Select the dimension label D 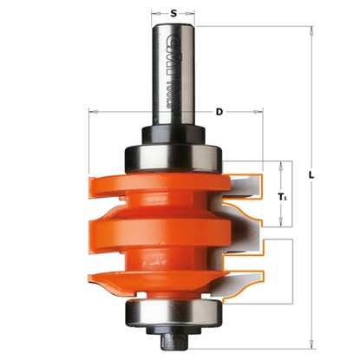[219, 113]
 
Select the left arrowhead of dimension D [91, 113]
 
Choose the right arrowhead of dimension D [259, 113]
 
